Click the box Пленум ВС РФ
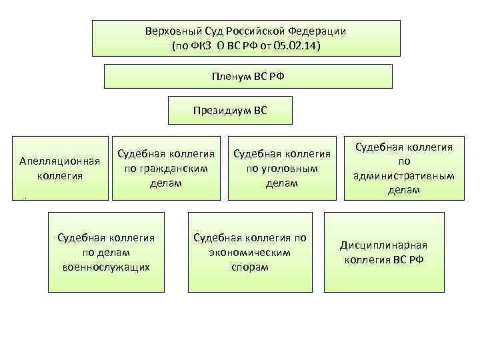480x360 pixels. coord(248,77)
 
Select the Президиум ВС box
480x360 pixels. coord(230,110)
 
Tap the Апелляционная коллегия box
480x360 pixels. coord(61,169)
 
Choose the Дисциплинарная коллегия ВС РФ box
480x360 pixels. coord(384,252)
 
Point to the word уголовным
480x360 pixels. coord(282,169)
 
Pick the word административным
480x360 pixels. coord(404,176)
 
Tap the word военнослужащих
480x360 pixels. coord(107,267)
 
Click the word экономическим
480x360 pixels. coord(249,252)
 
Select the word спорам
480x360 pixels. coord(249,267)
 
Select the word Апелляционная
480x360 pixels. coord(61,161)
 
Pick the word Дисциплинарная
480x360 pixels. coord(384,245)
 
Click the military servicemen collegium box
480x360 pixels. coord(107,252)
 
